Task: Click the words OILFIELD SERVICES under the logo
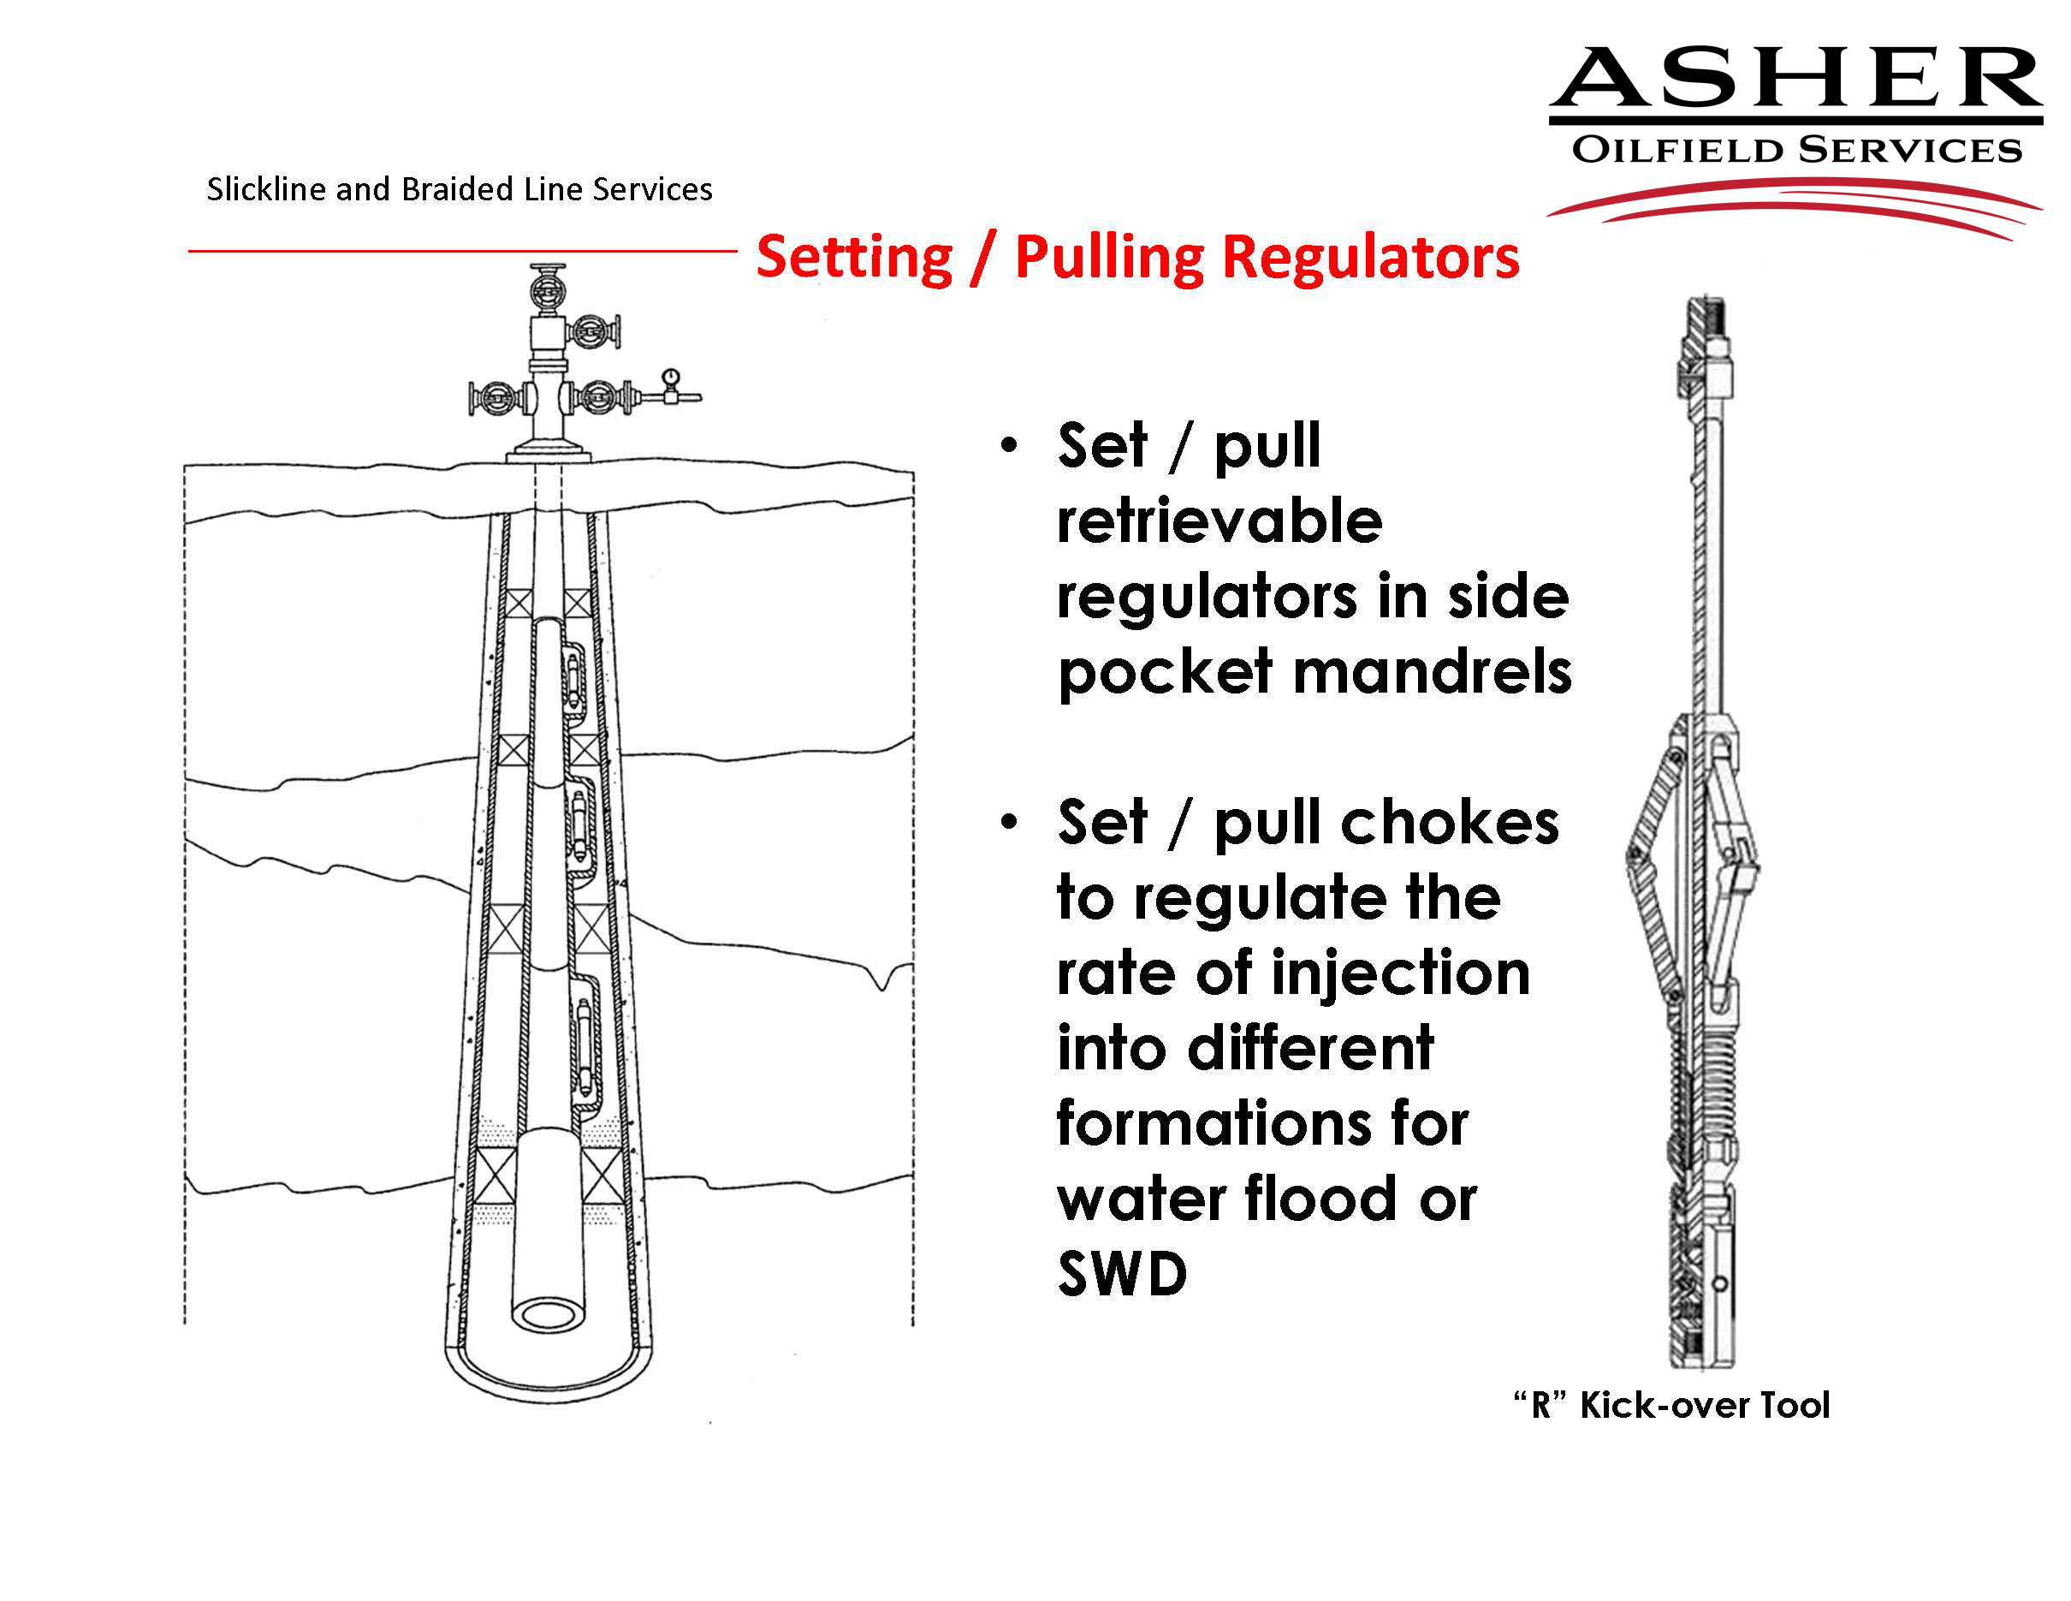tap(1796, 150)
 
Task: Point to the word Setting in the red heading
tap(853, 257)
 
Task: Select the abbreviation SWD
tap(1122, 1274)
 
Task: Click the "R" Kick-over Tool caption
tap(1670, 1405)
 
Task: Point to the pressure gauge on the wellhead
tap(670, 378)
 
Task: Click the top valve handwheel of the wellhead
tap(547, 283)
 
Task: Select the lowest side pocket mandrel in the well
tap(587, 1041)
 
